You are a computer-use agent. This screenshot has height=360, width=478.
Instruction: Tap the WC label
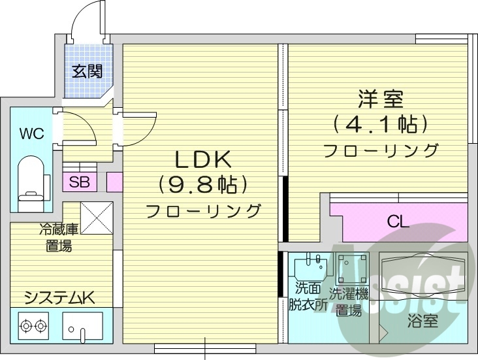click(31, 135)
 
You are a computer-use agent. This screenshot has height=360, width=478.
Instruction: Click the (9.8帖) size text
click(202, 185)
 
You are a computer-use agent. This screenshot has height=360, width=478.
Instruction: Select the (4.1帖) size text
click(381, 123)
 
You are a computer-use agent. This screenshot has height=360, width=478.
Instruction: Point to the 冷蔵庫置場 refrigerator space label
click(59, 238)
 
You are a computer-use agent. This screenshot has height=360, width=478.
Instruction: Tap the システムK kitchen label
click(60, 298)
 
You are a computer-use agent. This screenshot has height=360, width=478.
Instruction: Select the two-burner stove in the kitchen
click(34, 325)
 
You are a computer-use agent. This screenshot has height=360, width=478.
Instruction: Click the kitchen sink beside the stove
click(82, 326)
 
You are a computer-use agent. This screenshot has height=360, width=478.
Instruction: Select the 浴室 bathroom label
click(422, 321)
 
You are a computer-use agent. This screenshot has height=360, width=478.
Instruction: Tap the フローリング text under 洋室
click(381, 150)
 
